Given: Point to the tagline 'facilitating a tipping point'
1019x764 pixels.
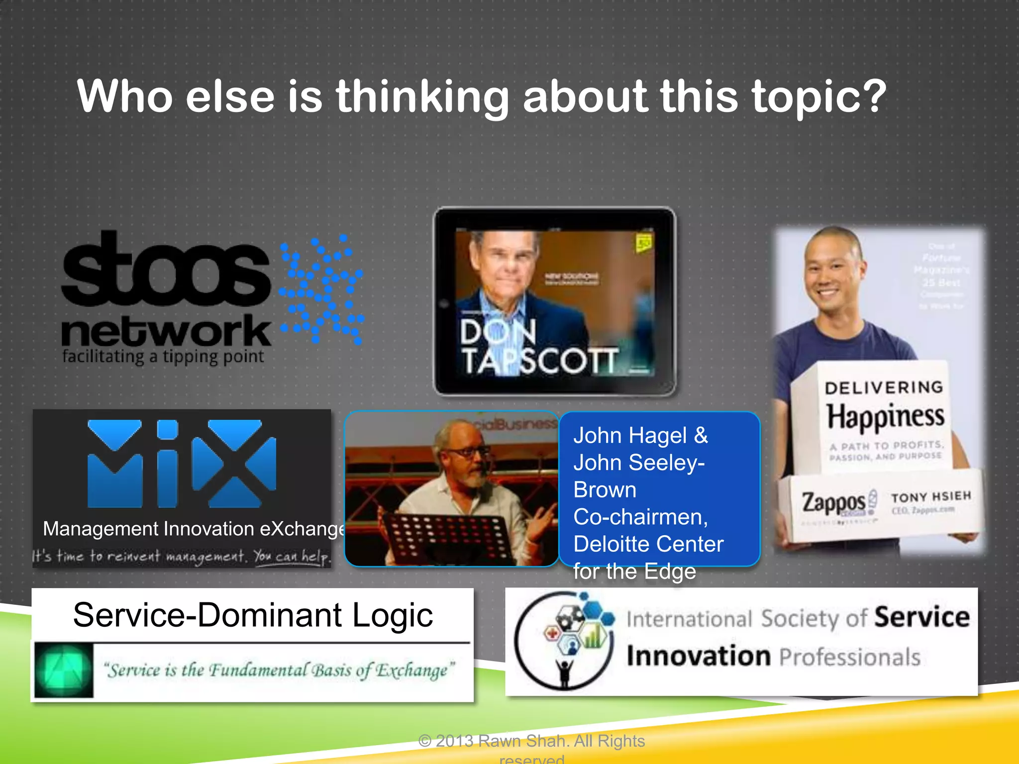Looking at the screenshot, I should [163, 357].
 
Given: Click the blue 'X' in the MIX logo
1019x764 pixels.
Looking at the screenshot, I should [234, 464].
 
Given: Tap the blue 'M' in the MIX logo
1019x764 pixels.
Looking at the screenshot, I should [115, 464].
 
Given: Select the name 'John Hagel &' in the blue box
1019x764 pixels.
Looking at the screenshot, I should [640, 436].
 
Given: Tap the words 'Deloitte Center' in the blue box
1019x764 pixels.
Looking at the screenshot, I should [648, 544].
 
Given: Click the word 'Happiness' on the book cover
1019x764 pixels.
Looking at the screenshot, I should [885, 416].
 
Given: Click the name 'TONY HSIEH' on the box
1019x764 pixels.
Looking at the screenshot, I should [930, 497].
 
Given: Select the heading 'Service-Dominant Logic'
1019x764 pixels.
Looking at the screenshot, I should [253, 615].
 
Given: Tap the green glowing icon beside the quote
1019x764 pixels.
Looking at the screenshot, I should [64, 670].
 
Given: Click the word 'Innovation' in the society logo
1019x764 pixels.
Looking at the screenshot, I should [699, 656].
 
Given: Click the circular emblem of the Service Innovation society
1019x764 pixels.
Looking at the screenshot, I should [564, 640].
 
